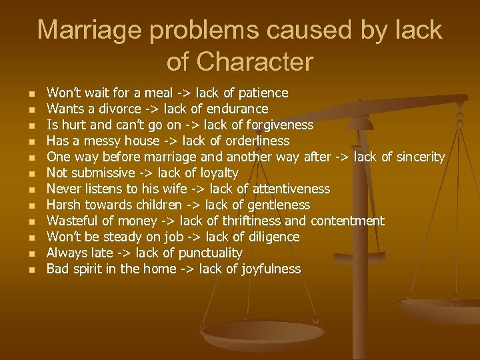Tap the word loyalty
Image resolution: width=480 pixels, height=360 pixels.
click(217, 173)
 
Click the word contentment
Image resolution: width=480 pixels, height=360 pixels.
click(347, 221)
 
